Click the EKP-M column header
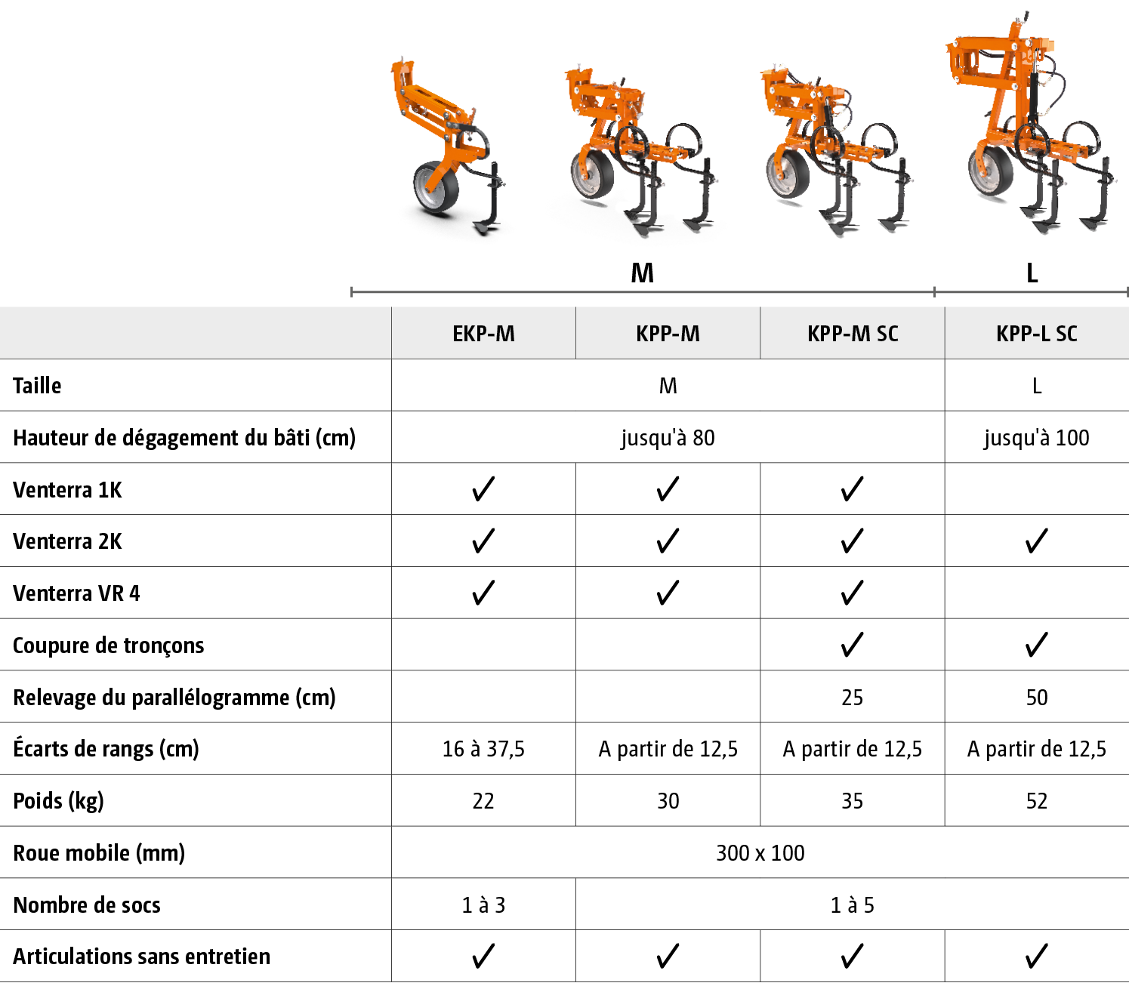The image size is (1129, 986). pos(483,334)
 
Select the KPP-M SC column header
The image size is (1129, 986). pos(853,334)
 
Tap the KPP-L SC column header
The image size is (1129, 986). pos(1037,334)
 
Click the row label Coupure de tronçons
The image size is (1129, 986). pos(109,646)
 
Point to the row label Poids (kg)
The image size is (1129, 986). pos(59,801)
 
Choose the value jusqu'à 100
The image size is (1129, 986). pos(1036,438)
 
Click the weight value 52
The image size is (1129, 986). pos(1037,801)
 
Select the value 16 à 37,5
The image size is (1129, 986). pos(483,749)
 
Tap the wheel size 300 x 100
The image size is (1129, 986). pos(760,853)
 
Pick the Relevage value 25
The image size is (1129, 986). pos(852,698)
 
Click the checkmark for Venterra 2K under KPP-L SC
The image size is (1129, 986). pos(1037,541)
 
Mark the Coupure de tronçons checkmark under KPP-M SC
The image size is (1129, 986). pos(852,645)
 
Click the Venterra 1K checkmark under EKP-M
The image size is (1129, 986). pos(483,489)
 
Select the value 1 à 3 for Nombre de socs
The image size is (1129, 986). pos(483,905)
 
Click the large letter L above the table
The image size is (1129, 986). pos(1032,273)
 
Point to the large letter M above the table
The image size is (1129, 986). pos(642,273)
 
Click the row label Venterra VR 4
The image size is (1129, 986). pos(76,593)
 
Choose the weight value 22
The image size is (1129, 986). pos(483,801)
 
